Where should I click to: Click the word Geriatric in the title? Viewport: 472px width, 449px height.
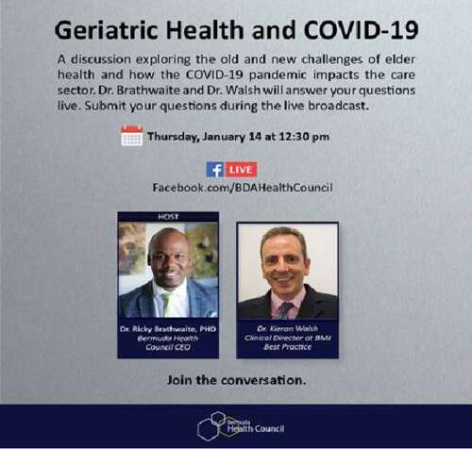coord(106,30)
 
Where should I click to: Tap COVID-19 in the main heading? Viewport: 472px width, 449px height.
coord(361,30)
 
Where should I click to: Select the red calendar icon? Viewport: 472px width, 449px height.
coord(132,136)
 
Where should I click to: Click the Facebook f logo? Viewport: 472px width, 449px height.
coord(215,170)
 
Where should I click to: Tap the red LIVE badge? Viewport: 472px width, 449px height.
coord(241,170)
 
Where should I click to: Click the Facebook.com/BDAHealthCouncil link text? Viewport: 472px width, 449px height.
coord(243,188)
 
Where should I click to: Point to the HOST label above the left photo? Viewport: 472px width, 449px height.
coord(168,217)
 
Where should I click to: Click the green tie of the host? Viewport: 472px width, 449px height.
coord(168,305)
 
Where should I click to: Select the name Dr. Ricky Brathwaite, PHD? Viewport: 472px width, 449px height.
coord(168,329)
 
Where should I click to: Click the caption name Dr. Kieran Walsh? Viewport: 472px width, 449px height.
coord(288,328)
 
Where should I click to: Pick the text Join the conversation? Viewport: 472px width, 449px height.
coord(236,380)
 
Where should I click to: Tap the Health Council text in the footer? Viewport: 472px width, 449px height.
coord(256,428)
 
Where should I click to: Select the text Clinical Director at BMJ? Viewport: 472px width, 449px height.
coord(288,338)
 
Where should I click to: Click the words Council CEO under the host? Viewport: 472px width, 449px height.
coord(168,347)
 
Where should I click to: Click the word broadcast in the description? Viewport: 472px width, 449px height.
coord(338,106)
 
